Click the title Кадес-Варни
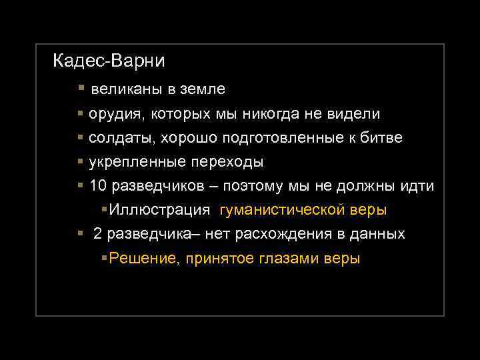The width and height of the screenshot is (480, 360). [x=109, y=61]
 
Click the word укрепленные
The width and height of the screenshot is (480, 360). [x=137, y=162]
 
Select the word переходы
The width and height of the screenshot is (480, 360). [x=227, y=162]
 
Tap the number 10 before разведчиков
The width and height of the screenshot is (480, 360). [x=97, y=186]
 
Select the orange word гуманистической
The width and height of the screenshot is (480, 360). [x=279, y=210]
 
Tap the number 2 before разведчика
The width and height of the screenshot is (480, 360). [x=98, y=235]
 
